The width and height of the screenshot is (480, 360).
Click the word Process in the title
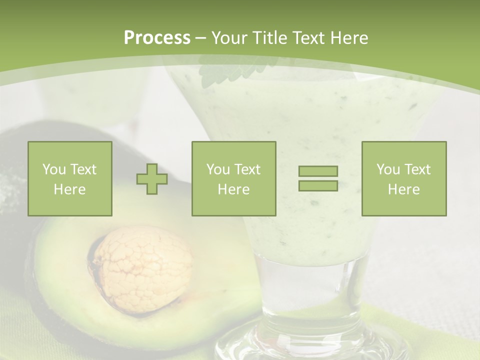coord(157,38)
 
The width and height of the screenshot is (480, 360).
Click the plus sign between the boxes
coord(152,179)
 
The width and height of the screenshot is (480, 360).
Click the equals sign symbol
coord(318,178)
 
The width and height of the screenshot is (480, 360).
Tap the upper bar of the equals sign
coord(318,171)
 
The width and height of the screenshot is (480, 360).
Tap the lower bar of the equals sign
coord(318,185)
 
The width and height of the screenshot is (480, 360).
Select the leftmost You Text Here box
coord(70,179)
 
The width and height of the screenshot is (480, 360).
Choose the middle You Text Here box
coord(233,179)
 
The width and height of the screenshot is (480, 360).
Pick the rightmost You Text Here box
coord(404,179)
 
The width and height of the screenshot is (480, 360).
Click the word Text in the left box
coord(83,169)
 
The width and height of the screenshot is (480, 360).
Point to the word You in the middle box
coord(218,169)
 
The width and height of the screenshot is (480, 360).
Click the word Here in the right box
coord(404,189)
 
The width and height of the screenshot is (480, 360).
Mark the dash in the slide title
coord(200,38)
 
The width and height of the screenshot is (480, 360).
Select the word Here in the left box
coord(70,189)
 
